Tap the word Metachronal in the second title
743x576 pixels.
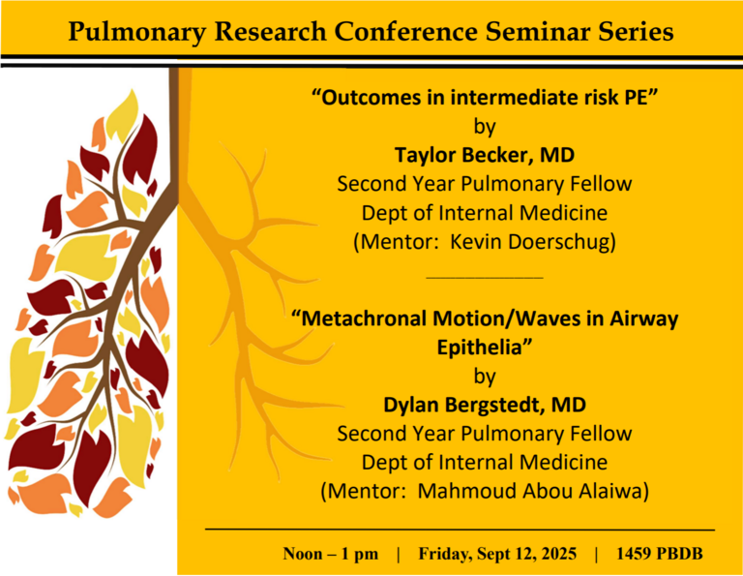372,319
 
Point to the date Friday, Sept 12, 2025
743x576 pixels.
497,554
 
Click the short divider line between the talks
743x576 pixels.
484,278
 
